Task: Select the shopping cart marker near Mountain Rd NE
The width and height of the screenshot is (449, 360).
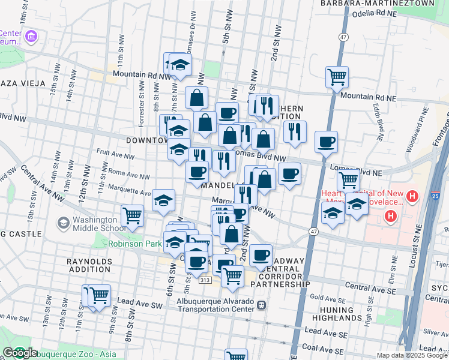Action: pos(337,76)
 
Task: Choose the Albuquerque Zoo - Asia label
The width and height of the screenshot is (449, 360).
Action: pos(74,353)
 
